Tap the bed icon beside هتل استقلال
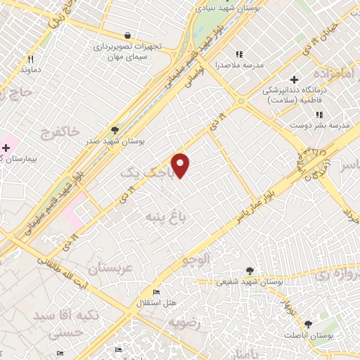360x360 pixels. click(x=156, y=292)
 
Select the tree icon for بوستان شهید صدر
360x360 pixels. click(x=115, y=130)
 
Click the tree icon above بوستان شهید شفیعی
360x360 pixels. click(x=250, y=270)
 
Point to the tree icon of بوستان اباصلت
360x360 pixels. click(x=308, y=324)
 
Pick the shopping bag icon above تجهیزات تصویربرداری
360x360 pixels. click(x=127, y=35)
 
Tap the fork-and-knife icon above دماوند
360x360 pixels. click(x=30, y=59)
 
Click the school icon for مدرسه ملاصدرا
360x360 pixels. click(x=238, y=54)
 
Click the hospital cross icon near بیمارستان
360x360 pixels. click(x=6, y=148)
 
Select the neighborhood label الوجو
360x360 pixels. click(x=197, y=259)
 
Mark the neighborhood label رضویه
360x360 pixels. click(x=184, y=323)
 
